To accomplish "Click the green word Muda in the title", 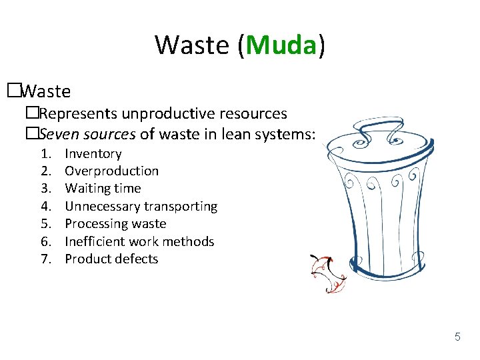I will (281, 45).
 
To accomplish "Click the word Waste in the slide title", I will (193, 45).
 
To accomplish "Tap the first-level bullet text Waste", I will (46, 89).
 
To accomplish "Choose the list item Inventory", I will (93, 154).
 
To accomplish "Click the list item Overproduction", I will (111, 171).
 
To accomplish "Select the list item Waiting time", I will (103, 189).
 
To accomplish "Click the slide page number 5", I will (457, 337).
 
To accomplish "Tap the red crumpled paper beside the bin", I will (328, 273).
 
